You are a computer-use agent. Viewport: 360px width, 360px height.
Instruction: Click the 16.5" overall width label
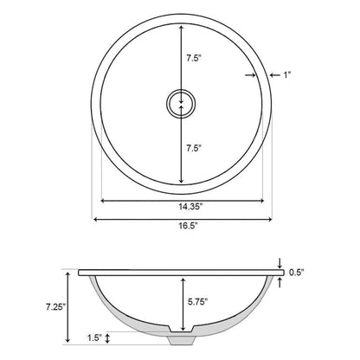[188, 226]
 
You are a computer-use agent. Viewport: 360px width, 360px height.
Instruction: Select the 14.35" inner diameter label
[190, 207]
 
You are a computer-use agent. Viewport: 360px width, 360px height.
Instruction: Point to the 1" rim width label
[286, 75]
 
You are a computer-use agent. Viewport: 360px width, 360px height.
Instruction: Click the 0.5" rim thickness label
[296, 272]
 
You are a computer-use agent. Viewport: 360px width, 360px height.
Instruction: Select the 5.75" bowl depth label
[198, 302]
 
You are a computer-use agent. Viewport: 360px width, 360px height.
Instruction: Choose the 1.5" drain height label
[95, 337]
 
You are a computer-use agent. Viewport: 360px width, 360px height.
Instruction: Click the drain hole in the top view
[181, 104]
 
